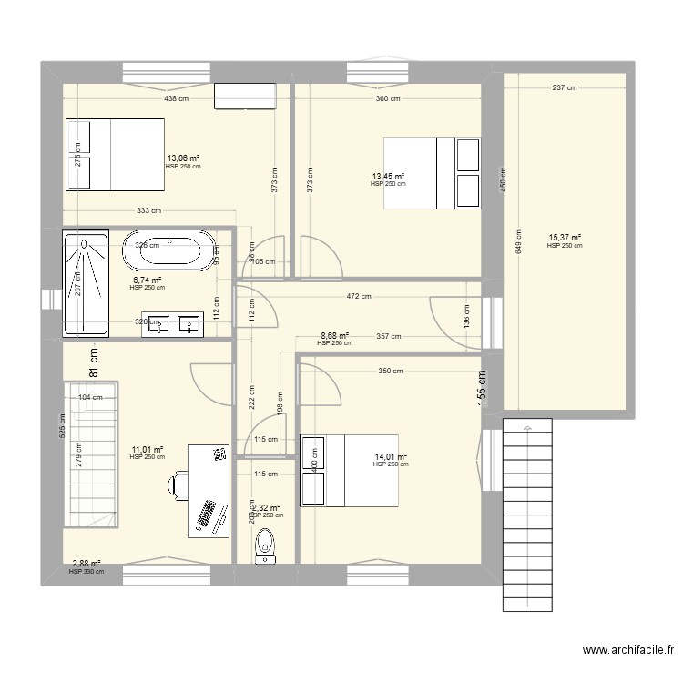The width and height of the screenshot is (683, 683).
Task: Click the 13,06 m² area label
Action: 182,158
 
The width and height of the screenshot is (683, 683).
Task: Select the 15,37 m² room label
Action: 564,238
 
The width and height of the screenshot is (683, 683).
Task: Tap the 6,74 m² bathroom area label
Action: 147,280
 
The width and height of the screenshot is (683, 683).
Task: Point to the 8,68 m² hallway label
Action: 334,335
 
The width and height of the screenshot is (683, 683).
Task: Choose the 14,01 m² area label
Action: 391,456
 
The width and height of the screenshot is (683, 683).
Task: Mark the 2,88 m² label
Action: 87,564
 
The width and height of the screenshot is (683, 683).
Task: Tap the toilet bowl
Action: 265,546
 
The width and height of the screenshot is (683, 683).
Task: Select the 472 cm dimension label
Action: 359,296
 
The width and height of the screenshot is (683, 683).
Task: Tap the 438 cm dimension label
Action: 176,98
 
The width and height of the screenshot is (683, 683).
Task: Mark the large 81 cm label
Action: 92,365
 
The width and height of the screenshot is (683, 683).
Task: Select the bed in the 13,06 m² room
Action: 115,153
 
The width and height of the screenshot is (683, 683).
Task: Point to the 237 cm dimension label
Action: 565,88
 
